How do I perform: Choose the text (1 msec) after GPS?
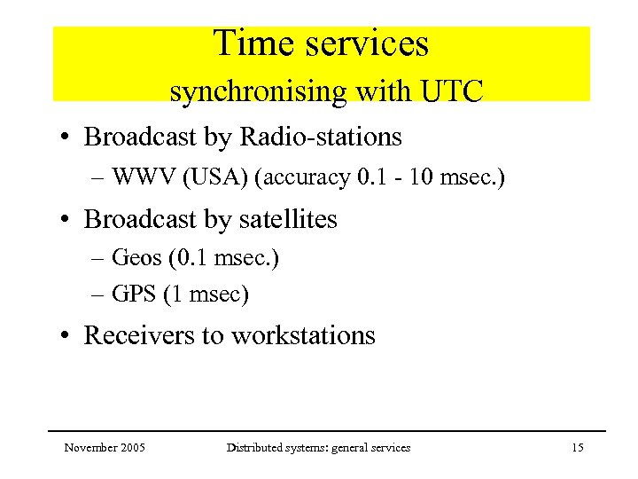coord(206,294)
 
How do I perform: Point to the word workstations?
coord(303,335)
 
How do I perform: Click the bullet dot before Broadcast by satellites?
coord(66,220)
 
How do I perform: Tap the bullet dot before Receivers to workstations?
coord(66,336)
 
